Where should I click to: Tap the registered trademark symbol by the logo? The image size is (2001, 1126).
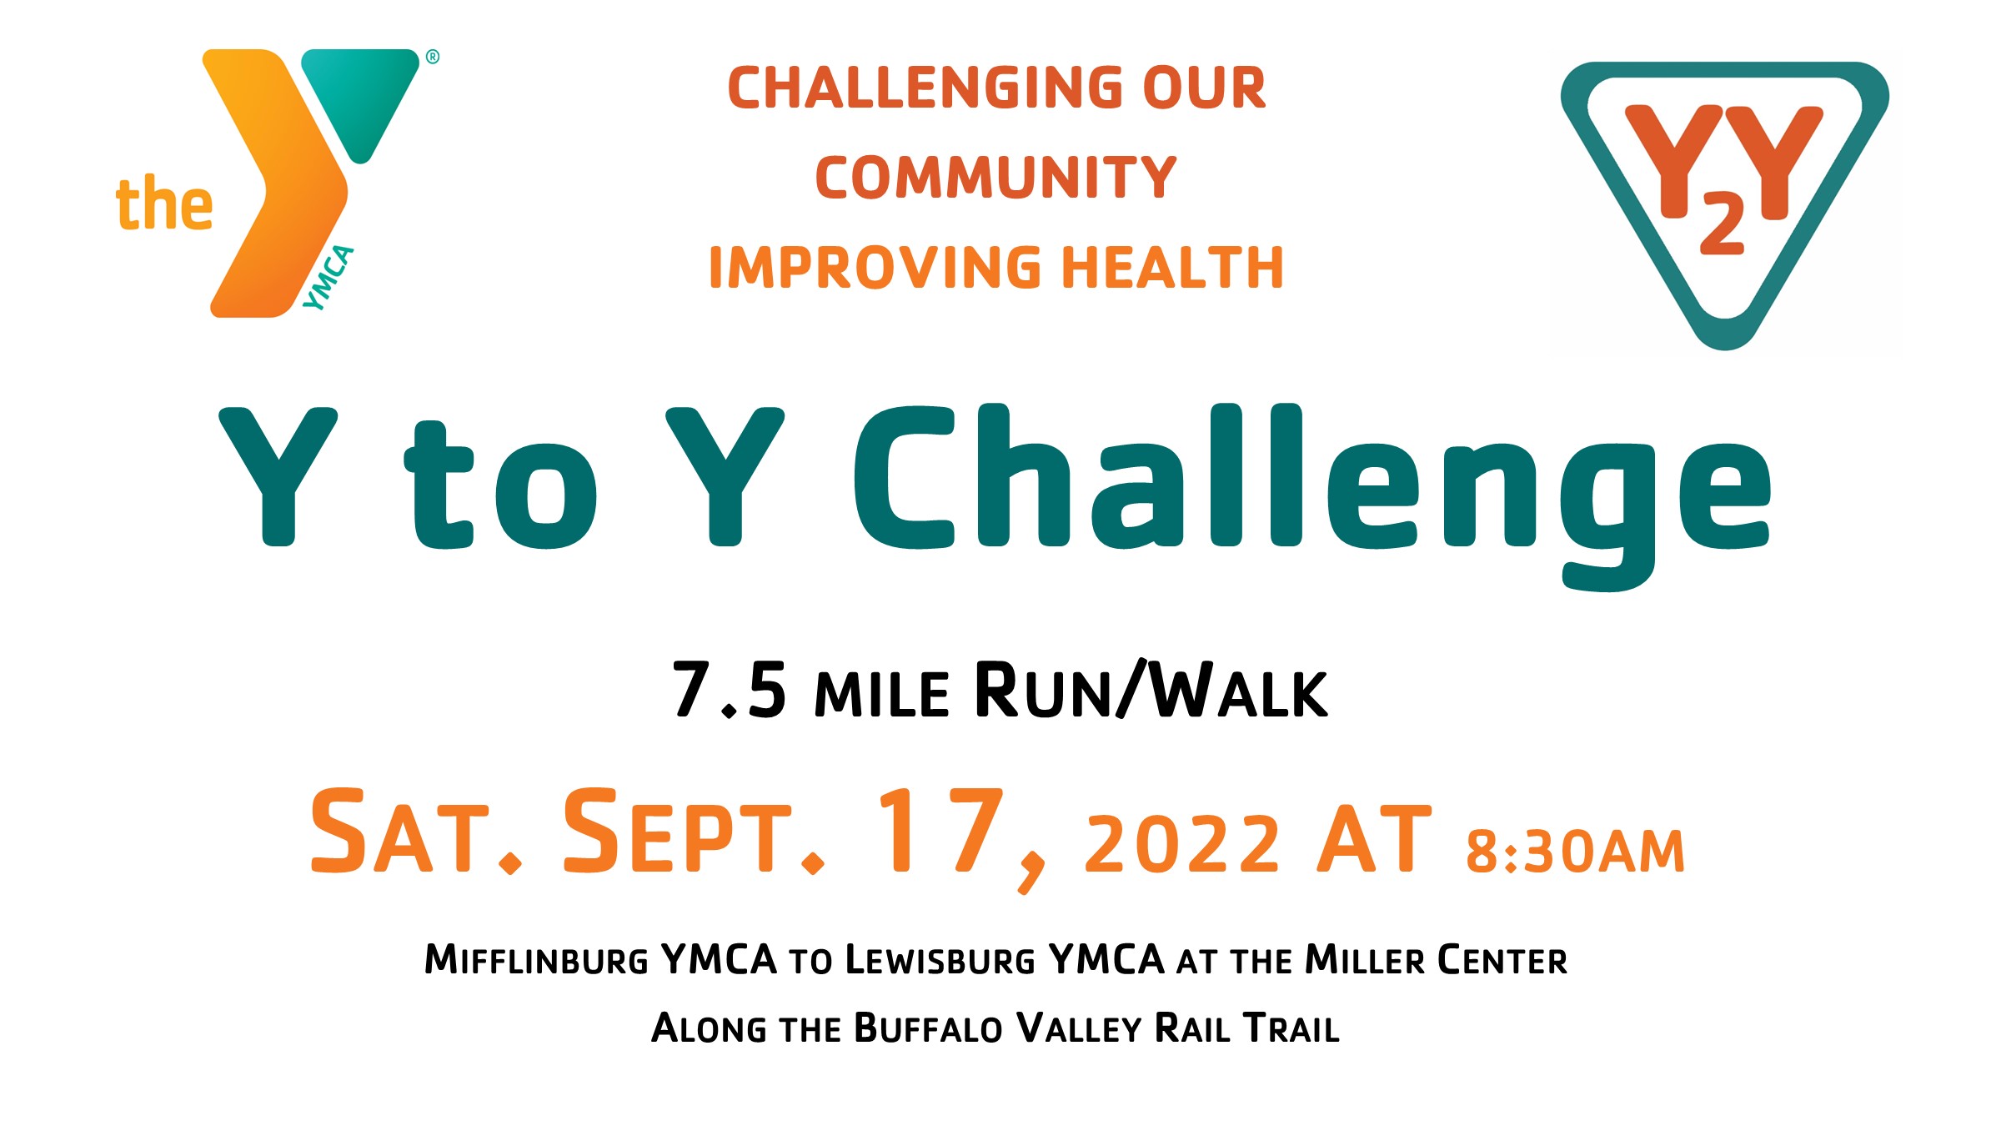click(433, 57)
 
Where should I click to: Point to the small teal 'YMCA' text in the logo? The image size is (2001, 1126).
click(328, 278)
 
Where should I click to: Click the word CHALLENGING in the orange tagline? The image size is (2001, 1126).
click(925, 88)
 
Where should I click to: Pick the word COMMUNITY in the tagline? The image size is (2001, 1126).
click(995, 178)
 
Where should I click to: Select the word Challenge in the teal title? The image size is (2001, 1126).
click(1312, 496)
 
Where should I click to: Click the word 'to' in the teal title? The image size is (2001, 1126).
click(500, 485)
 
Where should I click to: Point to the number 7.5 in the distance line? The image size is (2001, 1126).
click(730, 690)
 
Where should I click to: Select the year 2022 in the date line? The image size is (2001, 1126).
click(1181, 844)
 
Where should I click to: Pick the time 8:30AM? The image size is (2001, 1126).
click(1576, 852)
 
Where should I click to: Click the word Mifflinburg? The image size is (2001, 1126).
click(536, 959)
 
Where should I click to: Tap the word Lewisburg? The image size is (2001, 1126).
click(940, 959)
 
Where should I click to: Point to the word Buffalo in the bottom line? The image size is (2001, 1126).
click(928, 1028)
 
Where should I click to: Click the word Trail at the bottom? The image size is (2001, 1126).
click(1291, 1028)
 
